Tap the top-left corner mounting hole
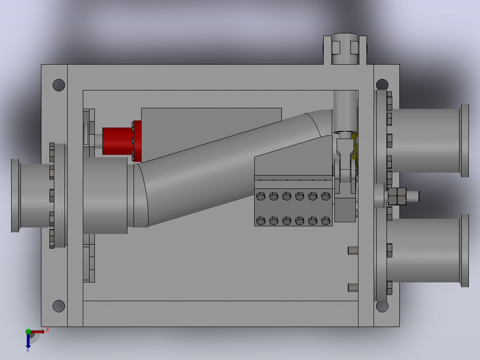click(x=59, y=85)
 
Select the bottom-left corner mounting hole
click(x=59, y=306)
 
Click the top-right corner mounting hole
click(x=382, y=84)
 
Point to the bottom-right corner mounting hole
click(x=382, y=306)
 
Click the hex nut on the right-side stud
click(x=397, y=196)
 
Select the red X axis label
click(x=48, y=330)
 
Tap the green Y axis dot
click(x=28, y=331)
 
